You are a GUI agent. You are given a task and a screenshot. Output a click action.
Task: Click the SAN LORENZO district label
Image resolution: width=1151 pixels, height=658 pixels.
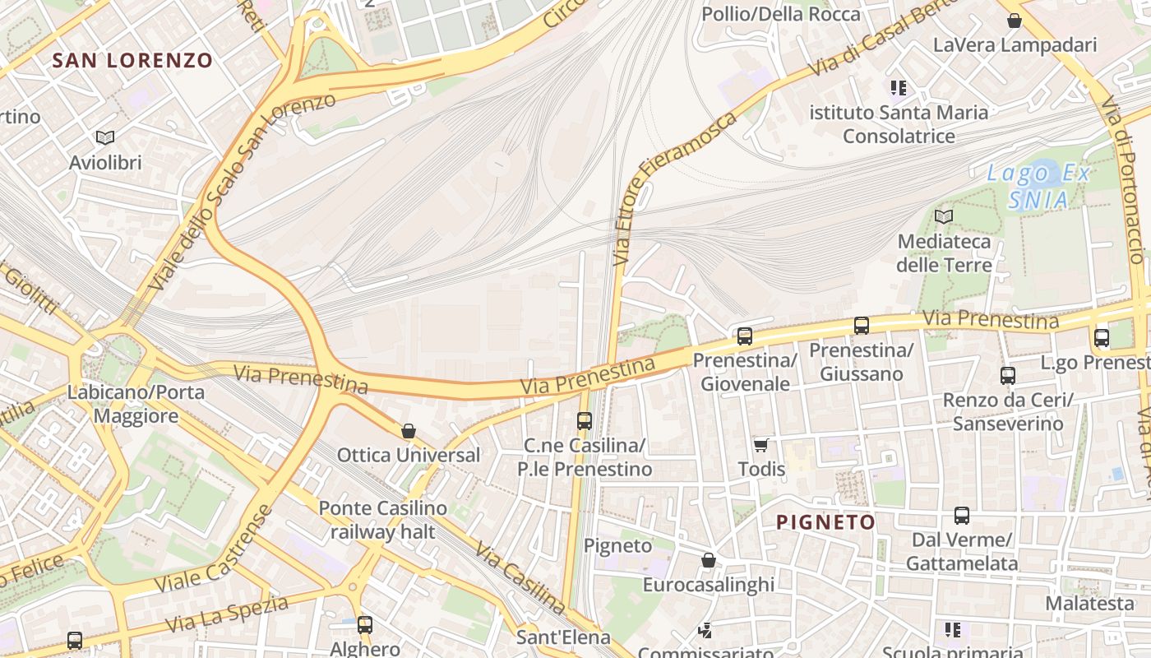(132, 60)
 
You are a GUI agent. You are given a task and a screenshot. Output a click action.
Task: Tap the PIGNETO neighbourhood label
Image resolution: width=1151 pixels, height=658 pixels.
(826, 522)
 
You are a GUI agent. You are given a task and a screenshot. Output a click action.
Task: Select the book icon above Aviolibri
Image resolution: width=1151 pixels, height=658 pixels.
(104, 137)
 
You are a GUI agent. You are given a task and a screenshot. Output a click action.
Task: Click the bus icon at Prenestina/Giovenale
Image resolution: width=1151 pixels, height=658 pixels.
(745, 336)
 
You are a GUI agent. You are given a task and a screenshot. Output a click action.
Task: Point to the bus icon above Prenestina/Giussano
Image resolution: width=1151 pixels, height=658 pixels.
(862, 326)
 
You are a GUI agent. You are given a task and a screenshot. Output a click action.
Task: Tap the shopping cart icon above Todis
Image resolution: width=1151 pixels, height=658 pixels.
(761, 445)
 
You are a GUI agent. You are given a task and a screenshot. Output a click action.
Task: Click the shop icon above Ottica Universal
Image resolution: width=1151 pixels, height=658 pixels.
(409, 431)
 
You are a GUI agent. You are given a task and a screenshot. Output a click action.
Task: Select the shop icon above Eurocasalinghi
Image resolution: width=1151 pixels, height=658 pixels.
(709, 560)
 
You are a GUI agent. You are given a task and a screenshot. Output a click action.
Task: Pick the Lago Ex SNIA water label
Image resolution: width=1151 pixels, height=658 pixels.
(1039, 186)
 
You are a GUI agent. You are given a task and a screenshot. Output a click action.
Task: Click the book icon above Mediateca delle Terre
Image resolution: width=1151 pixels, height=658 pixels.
(944, 217)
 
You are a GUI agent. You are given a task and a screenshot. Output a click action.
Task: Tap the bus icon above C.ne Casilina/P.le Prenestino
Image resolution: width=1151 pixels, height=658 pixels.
(585, 421)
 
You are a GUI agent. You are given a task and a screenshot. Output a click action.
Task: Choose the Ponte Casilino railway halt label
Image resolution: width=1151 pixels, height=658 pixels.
(383, 520)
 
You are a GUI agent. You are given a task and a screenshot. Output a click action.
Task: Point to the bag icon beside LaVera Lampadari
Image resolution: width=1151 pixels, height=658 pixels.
(1015, 21)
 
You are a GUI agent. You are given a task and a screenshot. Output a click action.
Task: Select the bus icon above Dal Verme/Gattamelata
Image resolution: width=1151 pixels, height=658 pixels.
(962, 516)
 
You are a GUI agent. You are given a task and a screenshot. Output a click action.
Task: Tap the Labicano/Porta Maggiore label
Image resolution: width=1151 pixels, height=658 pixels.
(136, 404)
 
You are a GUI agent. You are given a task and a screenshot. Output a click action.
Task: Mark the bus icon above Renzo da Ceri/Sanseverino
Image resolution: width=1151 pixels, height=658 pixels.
(1008, 376)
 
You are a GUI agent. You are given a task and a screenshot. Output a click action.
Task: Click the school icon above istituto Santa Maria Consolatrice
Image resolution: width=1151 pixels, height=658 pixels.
(898, 87)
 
